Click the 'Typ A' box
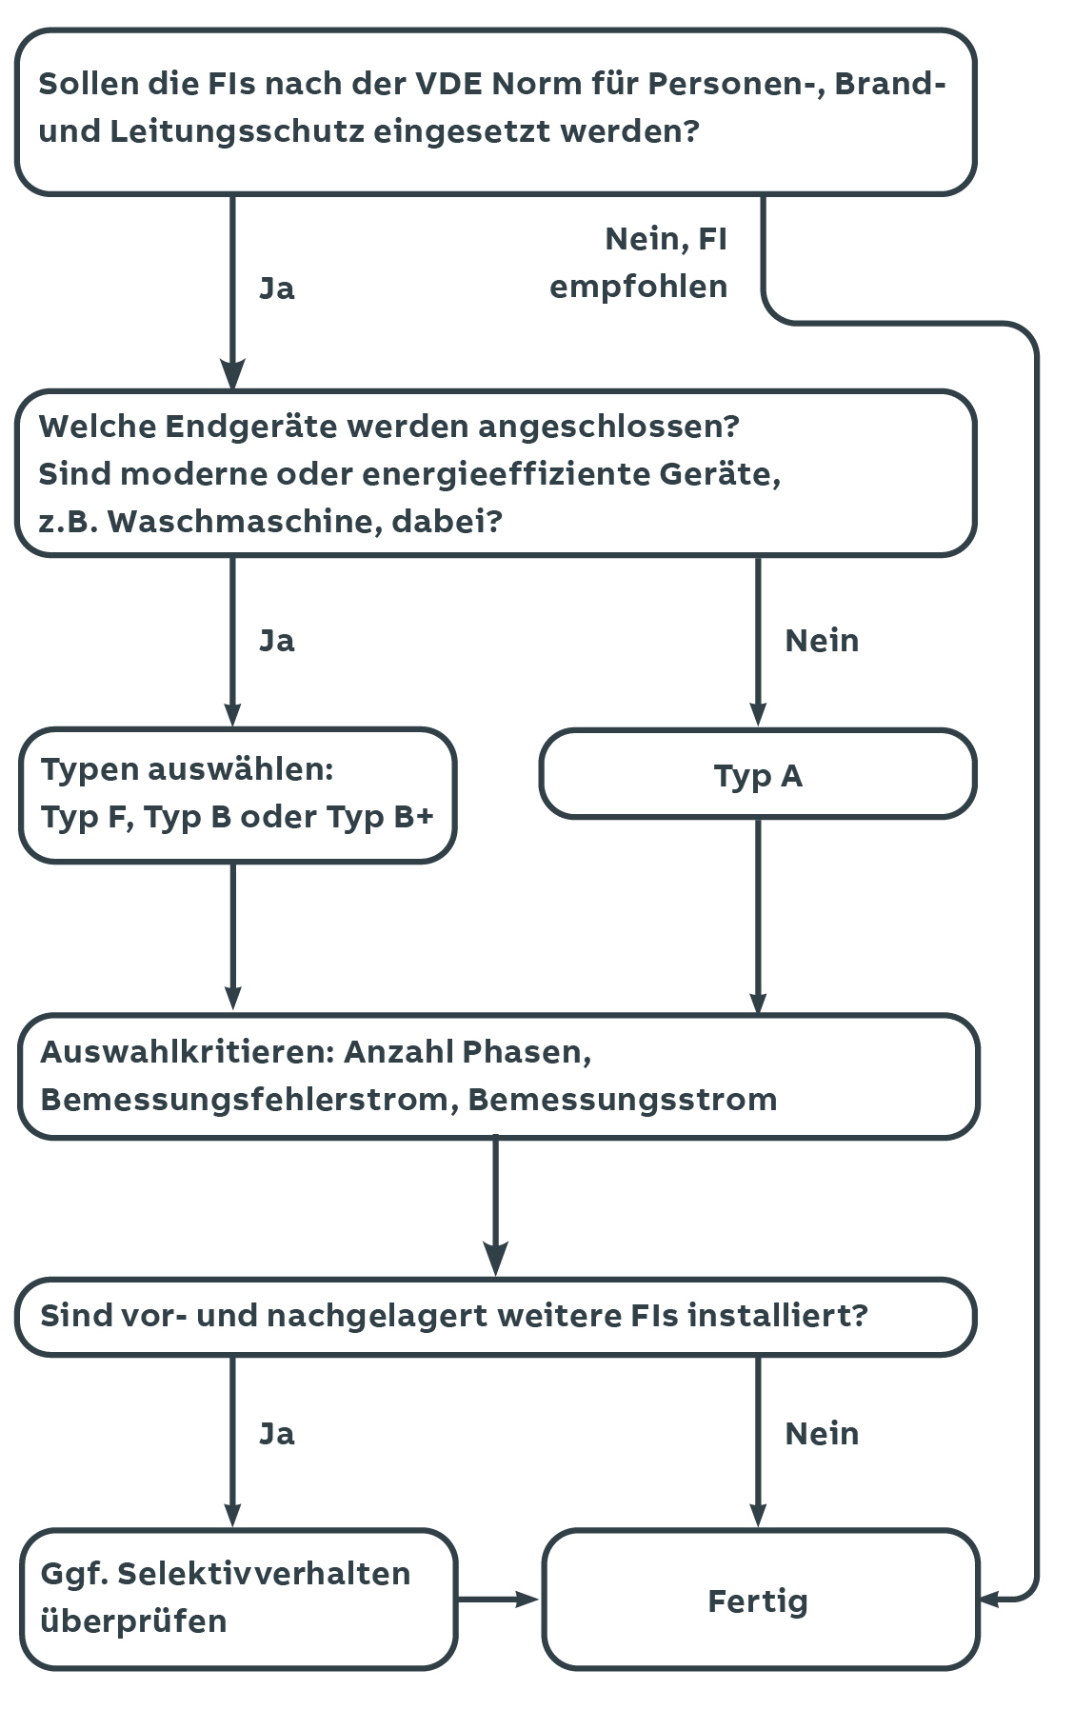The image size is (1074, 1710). (758, 774)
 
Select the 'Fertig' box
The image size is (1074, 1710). (760, 1600)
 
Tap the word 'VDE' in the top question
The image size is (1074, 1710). (448, 84)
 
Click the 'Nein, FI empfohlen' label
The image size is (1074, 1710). (639, 263)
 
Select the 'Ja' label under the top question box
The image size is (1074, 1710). (277, 288)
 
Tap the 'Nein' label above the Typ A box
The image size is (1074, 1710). (822, 641)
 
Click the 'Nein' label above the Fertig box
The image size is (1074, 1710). (822, 1434)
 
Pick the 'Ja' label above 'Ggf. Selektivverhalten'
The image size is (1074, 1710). (277, 1434)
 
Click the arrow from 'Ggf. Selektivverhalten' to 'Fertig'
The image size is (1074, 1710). (498, 1600)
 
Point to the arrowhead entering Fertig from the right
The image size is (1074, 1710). (988, 1600)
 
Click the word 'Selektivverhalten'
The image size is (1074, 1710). (264, 1574)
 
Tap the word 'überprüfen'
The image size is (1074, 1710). (133, 1621)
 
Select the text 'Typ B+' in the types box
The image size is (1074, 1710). (380, 817)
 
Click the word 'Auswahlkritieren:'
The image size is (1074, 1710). (187, 1052)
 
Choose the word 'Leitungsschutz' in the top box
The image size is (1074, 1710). (237, 131)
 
